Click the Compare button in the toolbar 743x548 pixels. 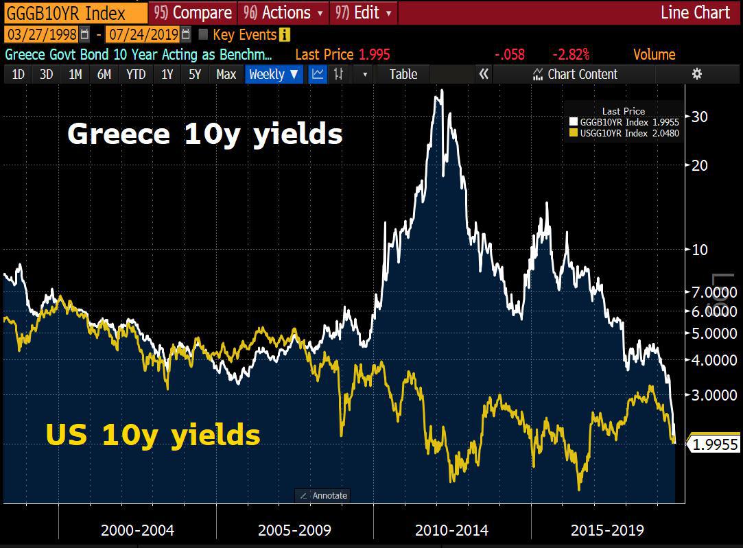193,12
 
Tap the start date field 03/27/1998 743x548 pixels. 42,34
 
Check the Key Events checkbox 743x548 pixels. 203,34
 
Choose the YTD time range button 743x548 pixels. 136,74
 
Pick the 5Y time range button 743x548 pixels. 195,74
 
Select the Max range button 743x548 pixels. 226,74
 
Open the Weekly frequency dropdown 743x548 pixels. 273,74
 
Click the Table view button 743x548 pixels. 403,74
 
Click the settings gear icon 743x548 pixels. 697,74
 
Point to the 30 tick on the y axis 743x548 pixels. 700,117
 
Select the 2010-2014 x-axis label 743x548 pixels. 451,530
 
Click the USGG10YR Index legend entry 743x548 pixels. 624,133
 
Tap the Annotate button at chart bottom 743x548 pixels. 323,495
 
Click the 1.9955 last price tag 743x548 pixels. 715,444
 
